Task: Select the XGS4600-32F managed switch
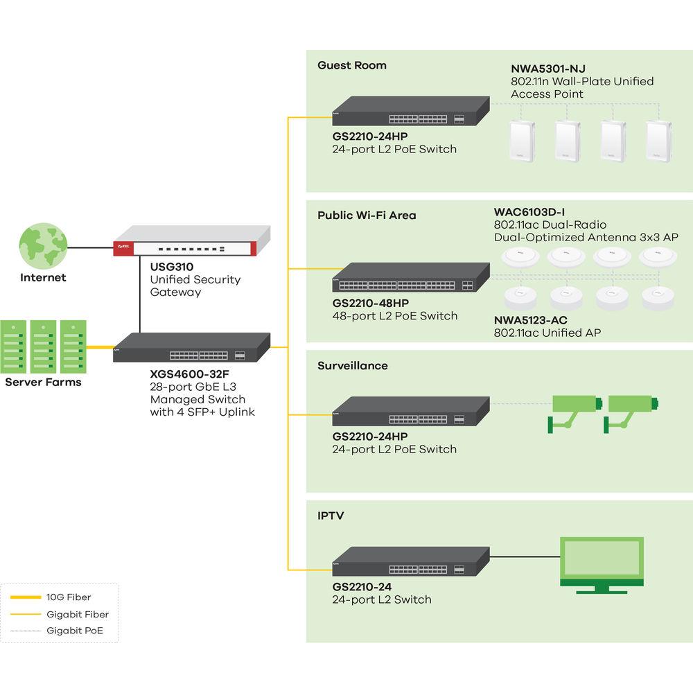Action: point(191,349)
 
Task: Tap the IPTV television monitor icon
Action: point(602,564)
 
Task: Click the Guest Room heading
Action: point(352,65)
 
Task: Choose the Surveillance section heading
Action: point(353,365)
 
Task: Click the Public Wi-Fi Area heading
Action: point(367,216)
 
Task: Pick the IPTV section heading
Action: point(331,516)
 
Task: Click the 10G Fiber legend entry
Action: point(69,597)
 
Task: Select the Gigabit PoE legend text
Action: point(74,631)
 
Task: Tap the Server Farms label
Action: point(43,382)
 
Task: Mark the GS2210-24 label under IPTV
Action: point(362,587)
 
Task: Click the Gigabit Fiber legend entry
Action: point(78,614)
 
